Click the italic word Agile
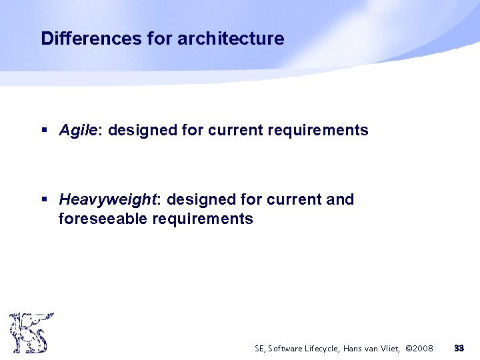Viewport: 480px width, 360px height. click(x=79, y=130)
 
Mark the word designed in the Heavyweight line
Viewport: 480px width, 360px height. click(x=201, y=199)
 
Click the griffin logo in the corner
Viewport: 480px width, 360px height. click(x=30, y=332)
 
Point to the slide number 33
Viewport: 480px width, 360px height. click(x=459, y=348)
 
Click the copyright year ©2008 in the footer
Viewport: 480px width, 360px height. click(x=419, y=349)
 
